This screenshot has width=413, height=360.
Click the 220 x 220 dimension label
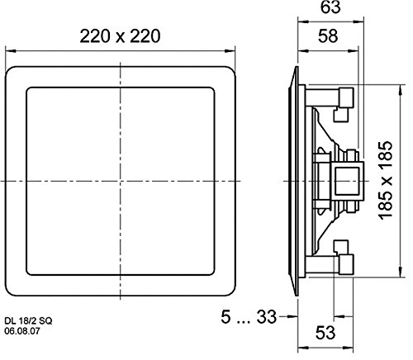(x=120, y=36)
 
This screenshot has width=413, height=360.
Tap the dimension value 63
(x=330, y=7)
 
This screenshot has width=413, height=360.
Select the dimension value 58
(x=328, y=36)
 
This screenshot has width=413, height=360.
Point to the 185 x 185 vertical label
(x=385, y=181)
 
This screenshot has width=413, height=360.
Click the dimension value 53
(x=325, y=333)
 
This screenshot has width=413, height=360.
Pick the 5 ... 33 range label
(x=249, y=317)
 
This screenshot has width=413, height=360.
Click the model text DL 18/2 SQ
(x=28, y=321)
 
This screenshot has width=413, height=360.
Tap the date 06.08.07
(x=22, y=331)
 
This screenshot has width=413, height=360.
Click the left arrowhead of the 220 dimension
(x=10, y=51)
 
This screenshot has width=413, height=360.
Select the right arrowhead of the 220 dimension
(x=230, y=51)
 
